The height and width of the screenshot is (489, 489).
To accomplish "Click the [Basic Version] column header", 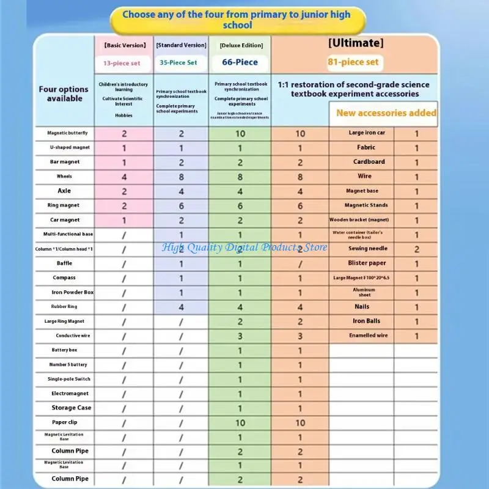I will pyautogui.click(x=125, y=45).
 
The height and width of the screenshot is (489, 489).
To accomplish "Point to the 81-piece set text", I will pyautogui.click(x=353, y=62).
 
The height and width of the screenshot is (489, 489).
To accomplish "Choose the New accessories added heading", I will pyautogui.click(x=386, y=112).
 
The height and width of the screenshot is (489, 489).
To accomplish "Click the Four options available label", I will pyautogui.click(x=64, y=94).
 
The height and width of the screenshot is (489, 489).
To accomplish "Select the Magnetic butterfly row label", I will pyautogui.click(x=67, y=133).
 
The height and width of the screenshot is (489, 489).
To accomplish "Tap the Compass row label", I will pyautogui.click(x=64, y=278).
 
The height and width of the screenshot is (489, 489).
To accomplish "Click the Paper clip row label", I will pyautogui.click(x=64, y=422).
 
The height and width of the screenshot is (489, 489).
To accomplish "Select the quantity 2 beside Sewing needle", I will pyautogui.click(x=417, y=249).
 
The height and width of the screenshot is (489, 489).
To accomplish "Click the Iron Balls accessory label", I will pyautogui.click(x=367, y=321).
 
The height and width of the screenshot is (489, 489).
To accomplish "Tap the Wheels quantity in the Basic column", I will pyautogui.click(x=124, y=177).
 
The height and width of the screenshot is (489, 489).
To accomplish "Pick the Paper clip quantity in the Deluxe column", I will pyautogui.click(x=240, y=423).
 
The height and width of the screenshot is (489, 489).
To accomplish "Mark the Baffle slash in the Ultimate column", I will pyautogui.click(x=300, y=263).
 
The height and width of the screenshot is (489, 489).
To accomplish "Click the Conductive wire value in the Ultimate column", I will pyautogui.click(x=300, y=336).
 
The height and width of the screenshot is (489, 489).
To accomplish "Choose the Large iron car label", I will pyautogui.click(x=367, y=133).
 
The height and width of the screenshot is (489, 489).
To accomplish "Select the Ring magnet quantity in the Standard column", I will pyautogui.click(x=181, y=206).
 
